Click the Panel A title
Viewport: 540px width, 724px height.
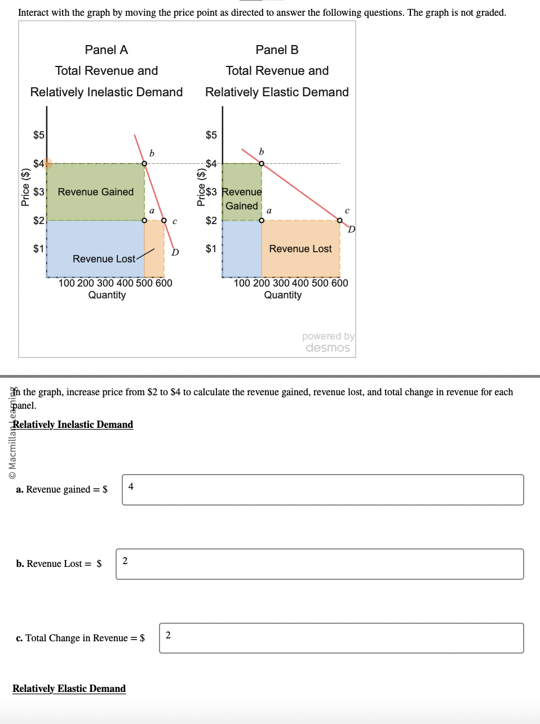[106, 50]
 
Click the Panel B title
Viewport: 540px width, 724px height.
[277, 50]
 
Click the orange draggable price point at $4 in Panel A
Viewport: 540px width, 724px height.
[47, 164]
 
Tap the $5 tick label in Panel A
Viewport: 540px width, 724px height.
[38, 135]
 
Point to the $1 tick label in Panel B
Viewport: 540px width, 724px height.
[211, 249]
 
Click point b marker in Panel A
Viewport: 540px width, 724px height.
[144, 163]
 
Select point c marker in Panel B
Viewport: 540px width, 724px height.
[339, 220]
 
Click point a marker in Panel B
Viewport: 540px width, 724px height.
[262, 220]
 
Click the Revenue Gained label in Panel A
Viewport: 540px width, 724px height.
[96, 192]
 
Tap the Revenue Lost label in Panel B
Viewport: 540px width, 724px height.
[300, 249]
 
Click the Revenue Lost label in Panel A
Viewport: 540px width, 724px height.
[104, 259]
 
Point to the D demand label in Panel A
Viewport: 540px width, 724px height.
[175, 252]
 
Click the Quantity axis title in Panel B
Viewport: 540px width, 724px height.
[282, 295]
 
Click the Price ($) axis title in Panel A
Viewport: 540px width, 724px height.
[25, 187]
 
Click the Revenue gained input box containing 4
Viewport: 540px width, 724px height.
[322, 490]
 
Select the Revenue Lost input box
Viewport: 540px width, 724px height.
[320, 564]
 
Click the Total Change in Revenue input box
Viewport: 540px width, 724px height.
[341, 638]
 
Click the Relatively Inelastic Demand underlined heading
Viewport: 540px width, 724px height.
[73, 424]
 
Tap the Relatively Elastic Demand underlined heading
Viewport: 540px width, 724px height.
[69, 689]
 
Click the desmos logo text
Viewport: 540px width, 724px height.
[327, 348]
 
